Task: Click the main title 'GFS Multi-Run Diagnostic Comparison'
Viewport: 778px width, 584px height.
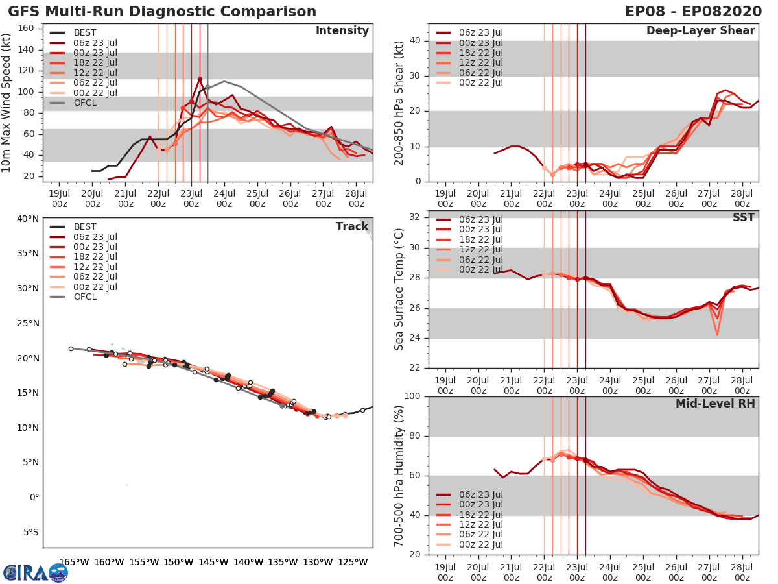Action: pos(162,12)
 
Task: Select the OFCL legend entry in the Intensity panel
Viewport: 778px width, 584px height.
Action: pos(85,103)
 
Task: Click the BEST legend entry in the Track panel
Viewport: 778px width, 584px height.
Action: pos(85,226)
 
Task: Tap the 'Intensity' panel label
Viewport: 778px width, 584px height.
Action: pos(342,31)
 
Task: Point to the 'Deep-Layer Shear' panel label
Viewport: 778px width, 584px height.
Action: pos(700,31)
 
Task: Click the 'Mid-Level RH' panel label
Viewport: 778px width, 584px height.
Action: pos(715,404)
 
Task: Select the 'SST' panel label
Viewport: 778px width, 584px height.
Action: pos(743,217)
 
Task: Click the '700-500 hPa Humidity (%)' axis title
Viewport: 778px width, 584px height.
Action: pos(399,476)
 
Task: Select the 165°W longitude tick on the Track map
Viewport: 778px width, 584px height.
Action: pos(74,562)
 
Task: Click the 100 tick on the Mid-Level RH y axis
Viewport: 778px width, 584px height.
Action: pos(412,396)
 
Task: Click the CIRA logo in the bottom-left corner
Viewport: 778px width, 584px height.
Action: pos(36,573)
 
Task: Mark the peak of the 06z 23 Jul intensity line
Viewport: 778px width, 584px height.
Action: pos(200,79)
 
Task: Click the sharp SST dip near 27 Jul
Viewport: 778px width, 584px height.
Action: pos(717,334)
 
